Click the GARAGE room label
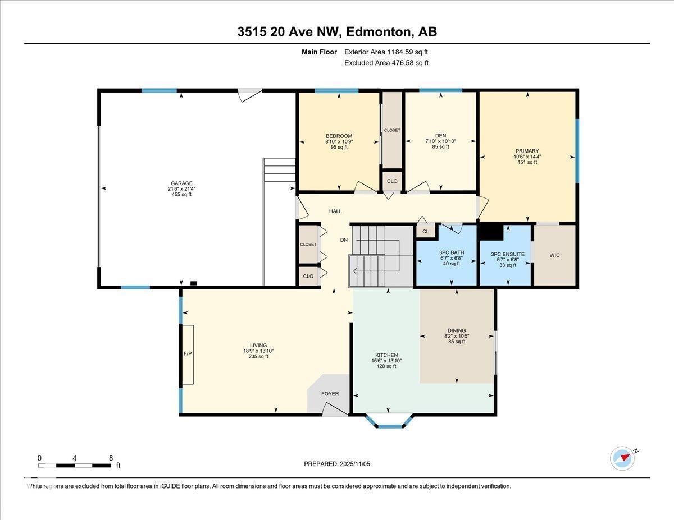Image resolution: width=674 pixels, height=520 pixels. (181, 183)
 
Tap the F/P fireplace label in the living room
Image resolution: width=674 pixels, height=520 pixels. (187, 355)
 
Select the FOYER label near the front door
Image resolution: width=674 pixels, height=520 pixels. (330, 394)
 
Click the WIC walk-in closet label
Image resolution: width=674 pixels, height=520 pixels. (554, 255)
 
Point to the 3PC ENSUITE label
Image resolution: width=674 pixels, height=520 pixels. (507, 254)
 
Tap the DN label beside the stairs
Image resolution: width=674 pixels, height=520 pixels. (344, 240)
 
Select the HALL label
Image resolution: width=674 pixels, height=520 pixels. (335, 211)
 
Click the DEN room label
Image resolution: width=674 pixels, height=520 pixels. (440, 136)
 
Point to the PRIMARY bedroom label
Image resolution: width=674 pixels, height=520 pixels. (527, 151)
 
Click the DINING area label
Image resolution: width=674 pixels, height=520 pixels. (457, 330)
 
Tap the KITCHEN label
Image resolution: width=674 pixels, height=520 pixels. (386, 355)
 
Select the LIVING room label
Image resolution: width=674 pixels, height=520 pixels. (258, 346)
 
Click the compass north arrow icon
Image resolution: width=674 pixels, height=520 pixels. (622, 458)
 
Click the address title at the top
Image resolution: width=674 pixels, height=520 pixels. (337, 32)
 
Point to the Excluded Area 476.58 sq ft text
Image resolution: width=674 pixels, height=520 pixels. (386, 63)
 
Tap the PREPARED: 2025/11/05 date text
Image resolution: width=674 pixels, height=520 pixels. (337, 464)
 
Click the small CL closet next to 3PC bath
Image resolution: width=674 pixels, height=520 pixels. (425, 231)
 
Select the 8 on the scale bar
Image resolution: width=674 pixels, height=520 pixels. (111, 458)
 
